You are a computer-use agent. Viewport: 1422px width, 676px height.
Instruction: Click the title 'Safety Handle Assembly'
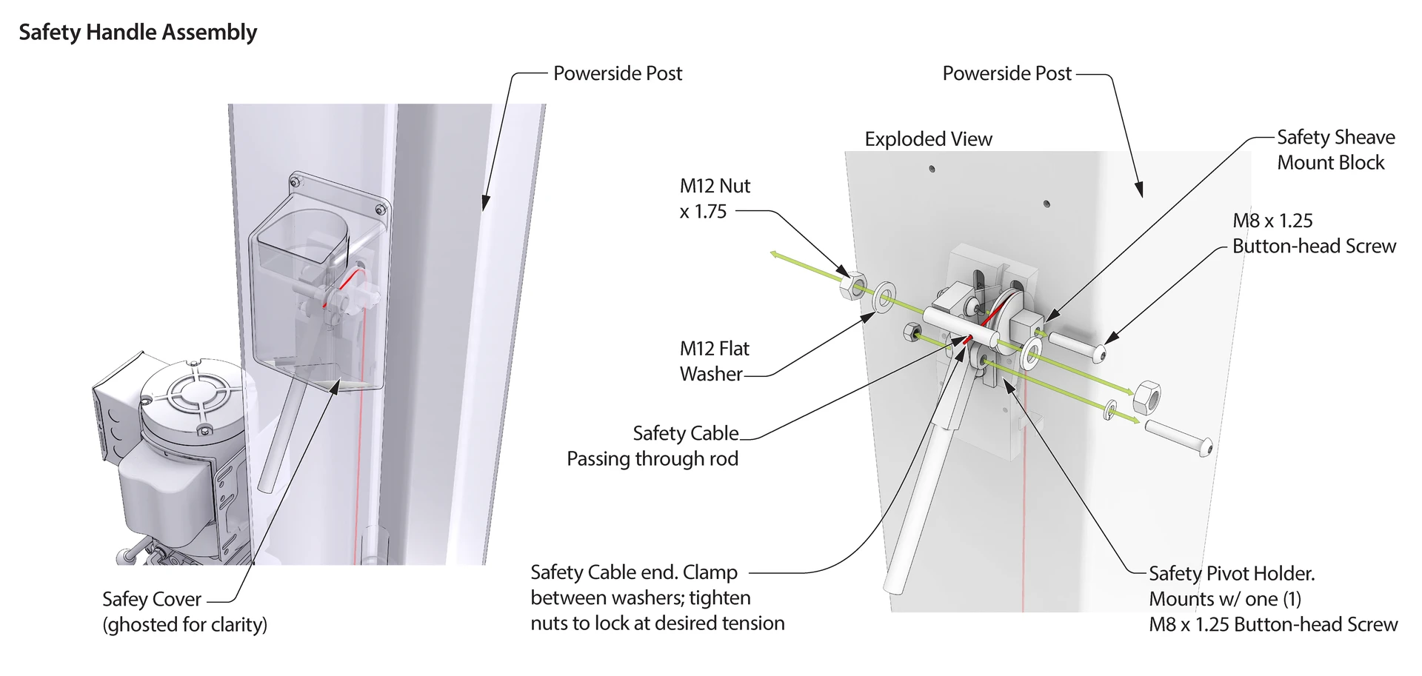[138, 33]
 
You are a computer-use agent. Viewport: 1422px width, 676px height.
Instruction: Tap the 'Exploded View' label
[928, 139]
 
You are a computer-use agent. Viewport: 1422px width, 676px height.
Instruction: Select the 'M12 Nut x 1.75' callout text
[715, 198]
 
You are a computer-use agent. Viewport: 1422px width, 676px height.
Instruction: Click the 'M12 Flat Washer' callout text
[714, 361]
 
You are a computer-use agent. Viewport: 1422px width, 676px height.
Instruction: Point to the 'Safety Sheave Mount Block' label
[1335, 150]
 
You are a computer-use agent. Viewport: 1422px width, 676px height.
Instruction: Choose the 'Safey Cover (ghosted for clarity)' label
[184, 612]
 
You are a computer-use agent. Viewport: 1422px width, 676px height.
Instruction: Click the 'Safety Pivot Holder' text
[1231, 574]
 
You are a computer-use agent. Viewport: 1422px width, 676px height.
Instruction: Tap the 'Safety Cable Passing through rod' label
[652, 446]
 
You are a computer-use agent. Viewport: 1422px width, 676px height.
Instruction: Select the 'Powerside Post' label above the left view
[618, 73]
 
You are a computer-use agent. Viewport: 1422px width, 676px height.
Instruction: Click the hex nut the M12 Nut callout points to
[853, 285]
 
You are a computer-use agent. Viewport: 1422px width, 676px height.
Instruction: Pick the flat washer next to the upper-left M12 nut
[884, 298]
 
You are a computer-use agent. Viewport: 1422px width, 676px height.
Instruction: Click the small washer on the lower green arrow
[1110, 410]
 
